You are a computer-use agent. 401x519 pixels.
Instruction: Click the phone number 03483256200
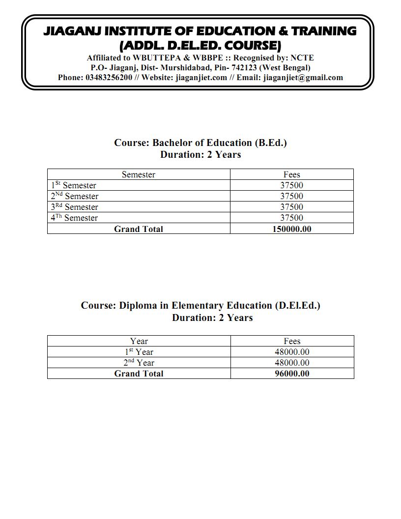pos(109,78)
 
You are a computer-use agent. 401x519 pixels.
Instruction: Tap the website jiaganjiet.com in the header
pos(201,78)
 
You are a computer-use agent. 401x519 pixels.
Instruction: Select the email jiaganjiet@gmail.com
pos(303,78)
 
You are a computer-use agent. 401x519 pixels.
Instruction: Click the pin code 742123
pos(244,68)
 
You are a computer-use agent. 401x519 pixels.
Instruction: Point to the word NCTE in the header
pos(302,58)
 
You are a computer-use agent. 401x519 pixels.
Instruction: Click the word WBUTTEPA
pos(155,58)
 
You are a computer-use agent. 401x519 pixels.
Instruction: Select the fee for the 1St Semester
pos(292,185)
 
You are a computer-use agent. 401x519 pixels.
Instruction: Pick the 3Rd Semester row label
pos(74,207)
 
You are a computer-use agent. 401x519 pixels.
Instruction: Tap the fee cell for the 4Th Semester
pos(292,218)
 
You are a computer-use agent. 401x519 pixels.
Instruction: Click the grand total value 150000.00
pos(292,229)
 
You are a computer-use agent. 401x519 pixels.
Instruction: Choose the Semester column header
pos(139,174)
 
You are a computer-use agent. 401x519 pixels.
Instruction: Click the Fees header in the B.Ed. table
pos(292,174)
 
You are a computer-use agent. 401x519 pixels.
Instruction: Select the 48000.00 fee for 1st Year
pos(292,352)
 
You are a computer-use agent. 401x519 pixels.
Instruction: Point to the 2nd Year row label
pos(139,363)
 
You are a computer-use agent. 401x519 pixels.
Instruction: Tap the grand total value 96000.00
pos(292,374)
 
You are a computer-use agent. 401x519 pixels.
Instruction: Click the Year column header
pos(139,341)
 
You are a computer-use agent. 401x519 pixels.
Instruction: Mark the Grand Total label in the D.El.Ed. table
pos(139,374)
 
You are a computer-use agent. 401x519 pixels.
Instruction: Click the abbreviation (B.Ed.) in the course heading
pos(270,143)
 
